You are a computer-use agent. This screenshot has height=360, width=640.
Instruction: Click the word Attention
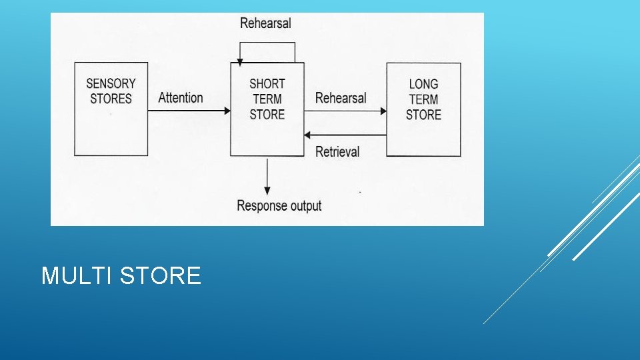(181, 98)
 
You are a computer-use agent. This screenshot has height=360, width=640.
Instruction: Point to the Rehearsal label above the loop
(265, 23)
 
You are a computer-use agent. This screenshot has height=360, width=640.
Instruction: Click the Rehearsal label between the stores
(341, 98)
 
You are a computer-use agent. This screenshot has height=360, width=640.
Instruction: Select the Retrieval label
(337, 151)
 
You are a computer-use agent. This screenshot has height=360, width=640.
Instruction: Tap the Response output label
(279, 205)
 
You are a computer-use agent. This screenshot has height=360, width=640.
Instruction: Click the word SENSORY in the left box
(111, 84)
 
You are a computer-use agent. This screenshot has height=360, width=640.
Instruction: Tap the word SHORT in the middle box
(267, 84)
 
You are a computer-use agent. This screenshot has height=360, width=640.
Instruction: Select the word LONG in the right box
(423, 84)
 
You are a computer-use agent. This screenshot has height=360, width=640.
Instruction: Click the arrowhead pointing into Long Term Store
(383, 111)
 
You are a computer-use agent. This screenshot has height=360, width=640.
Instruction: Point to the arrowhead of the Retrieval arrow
(307, 135)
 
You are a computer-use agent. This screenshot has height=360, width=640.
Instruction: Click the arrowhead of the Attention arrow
(227, 111)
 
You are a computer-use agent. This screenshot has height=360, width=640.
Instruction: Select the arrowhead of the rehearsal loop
(240, 62)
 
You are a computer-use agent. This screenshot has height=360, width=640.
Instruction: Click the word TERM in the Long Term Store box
(423, 99)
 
